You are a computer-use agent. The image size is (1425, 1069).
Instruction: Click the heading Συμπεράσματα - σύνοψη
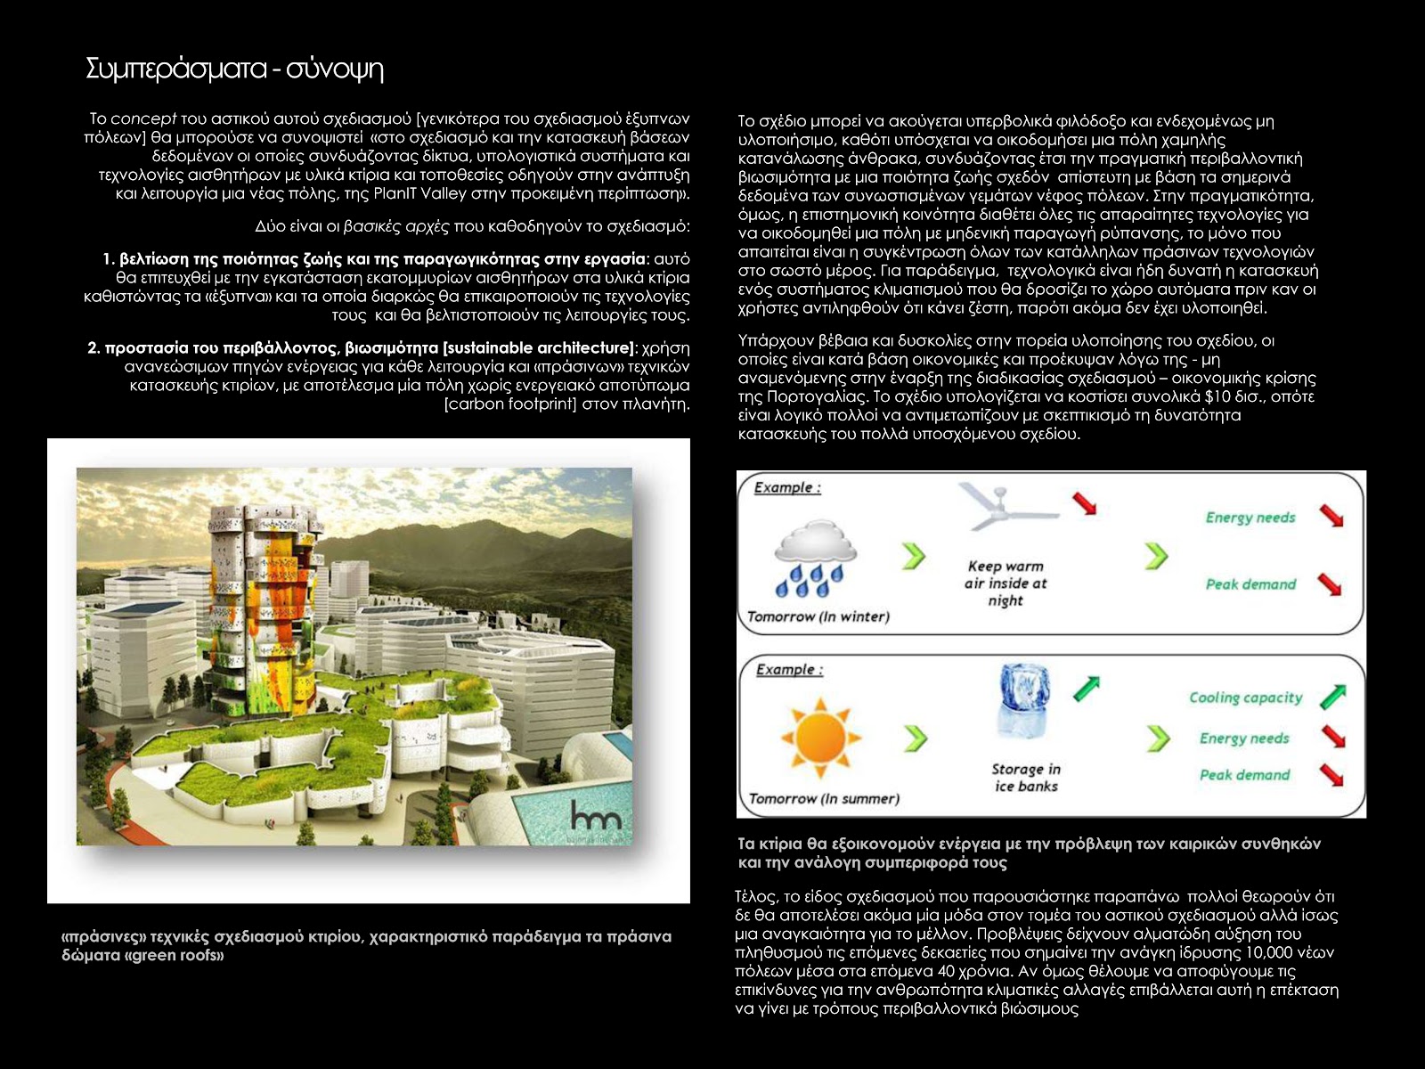234,69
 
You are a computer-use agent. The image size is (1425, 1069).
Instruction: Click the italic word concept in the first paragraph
143,118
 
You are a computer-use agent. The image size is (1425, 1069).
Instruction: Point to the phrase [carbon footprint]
510,404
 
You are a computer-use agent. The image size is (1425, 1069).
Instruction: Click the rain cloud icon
815,557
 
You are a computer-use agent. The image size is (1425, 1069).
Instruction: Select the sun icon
820,737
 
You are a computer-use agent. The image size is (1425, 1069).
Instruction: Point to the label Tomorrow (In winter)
818,616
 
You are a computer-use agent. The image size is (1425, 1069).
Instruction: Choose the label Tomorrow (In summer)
824,799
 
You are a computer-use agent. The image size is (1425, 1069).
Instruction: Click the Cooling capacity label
1245,698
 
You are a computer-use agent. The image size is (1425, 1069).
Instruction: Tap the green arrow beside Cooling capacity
1332,696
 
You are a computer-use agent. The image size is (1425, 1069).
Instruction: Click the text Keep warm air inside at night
1006,583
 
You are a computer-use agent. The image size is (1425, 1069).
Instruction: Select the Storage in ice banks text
1026,778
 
